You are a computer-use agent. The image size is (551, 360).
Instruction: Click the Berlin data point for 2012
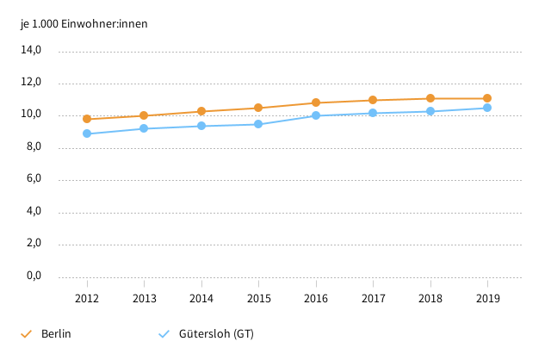coord(87,119)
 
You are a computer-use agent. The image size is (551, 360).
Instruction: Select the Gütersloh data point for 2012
coord(87,133)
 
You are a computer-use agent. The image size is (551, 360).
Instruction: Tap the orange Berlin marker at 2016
coord(316,102)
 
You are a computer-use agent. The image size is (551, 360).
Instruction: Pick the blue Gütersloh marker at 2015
coord(258,124)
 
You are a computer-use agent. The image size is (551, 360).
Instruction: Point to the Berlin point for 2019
coord(487,98)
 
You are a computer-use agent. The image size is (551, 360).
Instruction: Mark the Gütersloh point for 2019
coord(487,108)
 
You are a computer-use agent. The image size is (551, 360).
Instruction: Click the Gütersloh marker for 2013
coord(144,128)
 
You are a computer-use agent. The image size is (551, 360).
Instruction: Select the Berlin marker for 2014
coord(201,111)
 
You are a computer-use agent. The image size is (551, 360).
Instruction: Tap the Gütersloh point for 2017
coord(373,113)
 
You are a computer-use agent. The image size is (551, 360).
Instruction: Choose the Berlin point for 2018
coord(430,98)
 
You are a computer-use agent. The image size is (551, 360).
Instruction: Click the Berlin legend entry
coord(55,334)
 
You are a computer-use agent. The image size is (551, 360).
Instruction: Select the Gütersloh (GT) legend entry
coord(215,334)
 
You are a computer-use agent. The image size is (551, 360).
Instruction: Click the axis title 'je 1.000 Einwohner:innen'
coord(84,23)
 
